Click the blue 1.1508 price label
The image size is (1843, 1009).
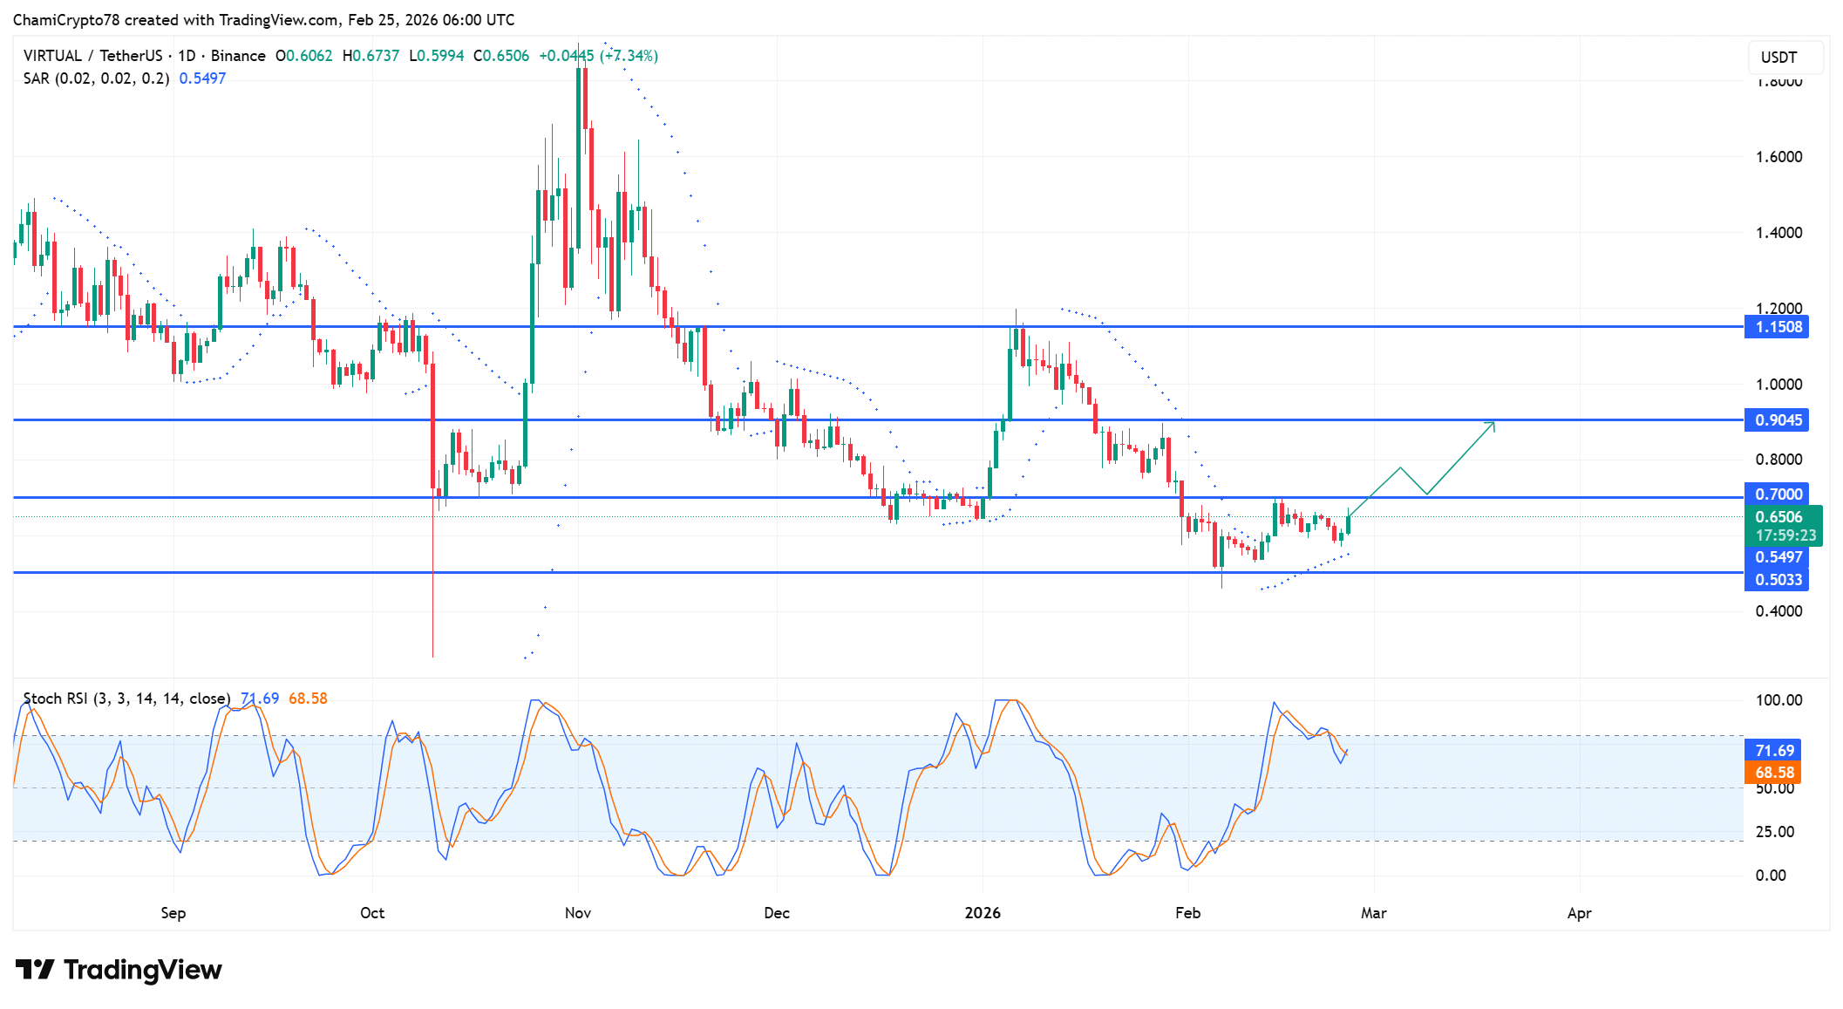point(1777,327)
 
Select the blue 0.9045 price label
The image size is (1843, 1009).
point(1777,420)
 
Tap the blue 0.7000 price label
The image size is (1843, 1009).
point(1777,494)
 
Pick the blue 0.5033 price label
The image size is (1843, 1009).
point(1777,580)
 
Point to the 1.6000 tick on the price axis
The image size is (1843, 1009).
point(1778,157)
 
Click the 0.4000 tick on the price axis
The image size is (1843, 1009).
point(1778,611)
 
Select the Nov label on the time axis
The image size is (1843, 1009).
point(578,913)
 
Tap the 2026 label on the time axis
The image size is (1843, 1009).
point(983,913)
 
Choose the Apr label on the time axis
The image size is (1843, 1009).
point(1579,913)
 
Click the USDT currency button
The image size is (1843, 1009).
point(1778,58)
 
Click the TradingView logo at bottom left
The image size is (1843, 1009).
point(119,970)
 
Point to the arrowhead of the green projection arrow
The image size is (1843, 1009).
point(1493,424)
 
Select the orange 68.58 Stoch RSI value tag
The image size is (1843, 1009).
point(1774,773)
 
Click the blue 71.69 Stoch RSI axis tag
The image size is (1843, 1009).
point(1774,751)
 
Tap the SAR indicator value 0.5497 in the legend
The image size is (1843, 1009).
point(202,78)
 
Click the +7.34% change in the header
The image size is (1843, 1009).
point(629,56)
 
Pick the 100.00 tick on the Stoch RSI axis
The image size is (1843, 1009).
point(1778,700)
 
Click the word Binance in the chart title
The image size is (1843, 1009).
point(238,56)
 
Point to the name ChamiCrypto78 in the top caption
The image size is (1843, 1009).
point(66,20)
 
